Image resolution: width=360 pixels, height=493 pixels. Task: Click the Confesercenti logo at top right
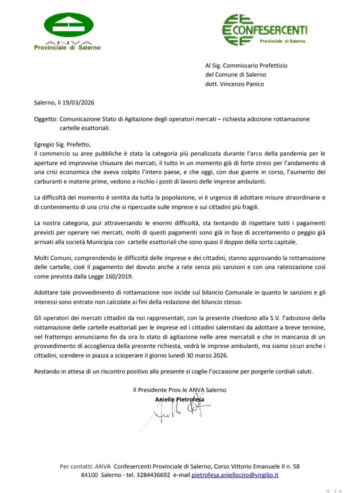[264, 30]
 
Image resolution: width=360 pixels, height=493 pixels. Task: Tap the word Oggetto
[45, 119]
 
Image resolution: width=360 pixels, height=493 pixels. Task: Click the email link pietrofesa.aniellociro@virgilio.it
[235, 474]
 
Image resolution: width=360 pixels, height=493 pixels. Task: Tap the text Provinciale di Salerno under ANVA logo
[67, 48]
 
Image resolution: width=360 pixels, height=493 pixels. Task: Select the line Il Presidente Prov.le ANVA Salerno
[179, 389]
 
